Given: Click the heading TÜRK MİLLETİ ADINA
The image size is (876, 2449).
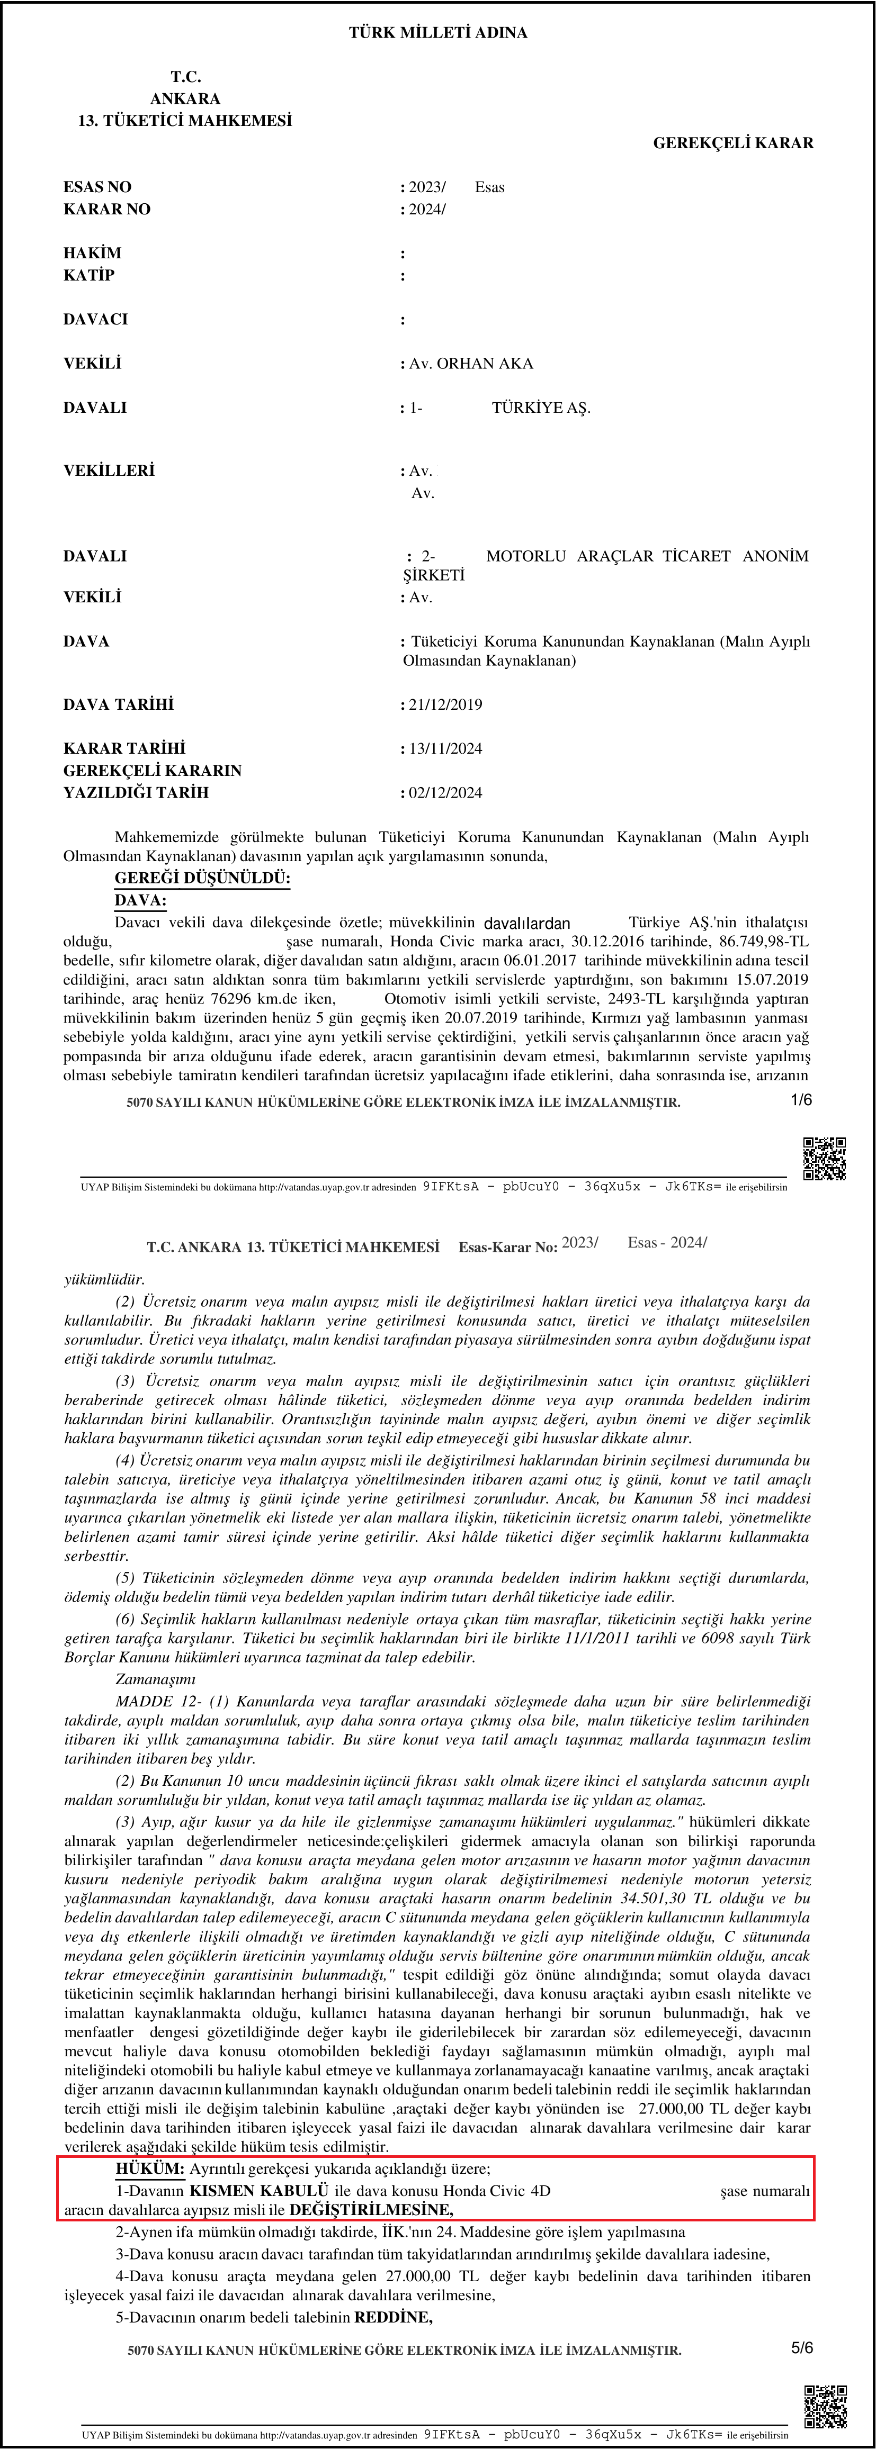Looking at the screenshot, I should pyautogui.click(x=437, y=32).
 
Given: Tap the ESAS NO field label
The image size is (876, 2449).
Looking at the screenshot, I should pyautogui.click(x=97, y=187).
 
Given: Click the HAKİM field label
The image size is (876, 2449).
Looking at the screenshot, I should pyautogui.click(x=92, y=253).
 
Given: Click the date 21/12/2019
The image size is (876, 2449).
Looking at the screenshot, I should pyautogui.click(x=445, y=704).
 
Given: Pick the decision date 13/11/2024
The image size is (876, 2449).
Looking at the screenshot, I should pyautogui.click(x=445, y=749).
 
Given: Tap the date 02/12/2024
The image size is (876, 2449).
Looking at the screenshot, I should pyautogui.click(x=445, y=793).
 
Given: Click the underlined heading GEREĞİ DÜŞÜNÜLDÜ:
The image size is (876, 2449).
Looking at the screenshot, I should pyautogui.click(x=202, y=879).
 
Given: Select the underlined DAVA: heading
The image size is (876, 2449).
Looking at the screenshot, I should pyautogui.click(x=140, y=900).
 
